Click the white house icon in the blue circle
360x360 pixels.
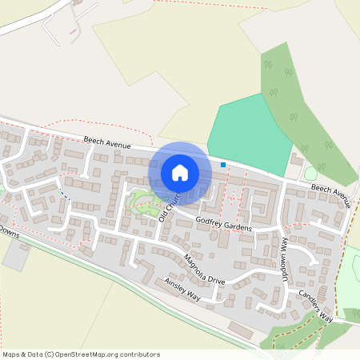pyautogui.click(x=180, y=172)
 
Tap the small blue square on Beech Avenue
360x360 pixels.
pyautogui.click(x=223, y=165)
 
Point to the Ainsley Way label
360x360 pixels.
pyautogui.click(x=182, y=290)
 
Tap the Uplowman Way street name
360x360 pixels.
pyautogui.click(x=284, y=254)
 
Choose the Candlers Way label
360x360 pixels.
pyautogui.click(x=315, y=306)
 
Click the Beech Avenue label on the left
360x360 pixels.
pyautogui.click(x=107, y=143)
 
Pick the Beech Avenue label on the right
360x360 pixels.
pyautogui.click(x=331, y=194)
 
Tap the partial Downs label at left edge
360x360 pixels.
pyautogui.click(x=9, y=231)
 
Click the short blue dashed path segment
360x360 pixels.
pyautogui.click(x=65, y=194)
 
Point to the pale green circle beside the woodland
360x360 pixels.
pyautogui.click(x=310, y=173)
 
